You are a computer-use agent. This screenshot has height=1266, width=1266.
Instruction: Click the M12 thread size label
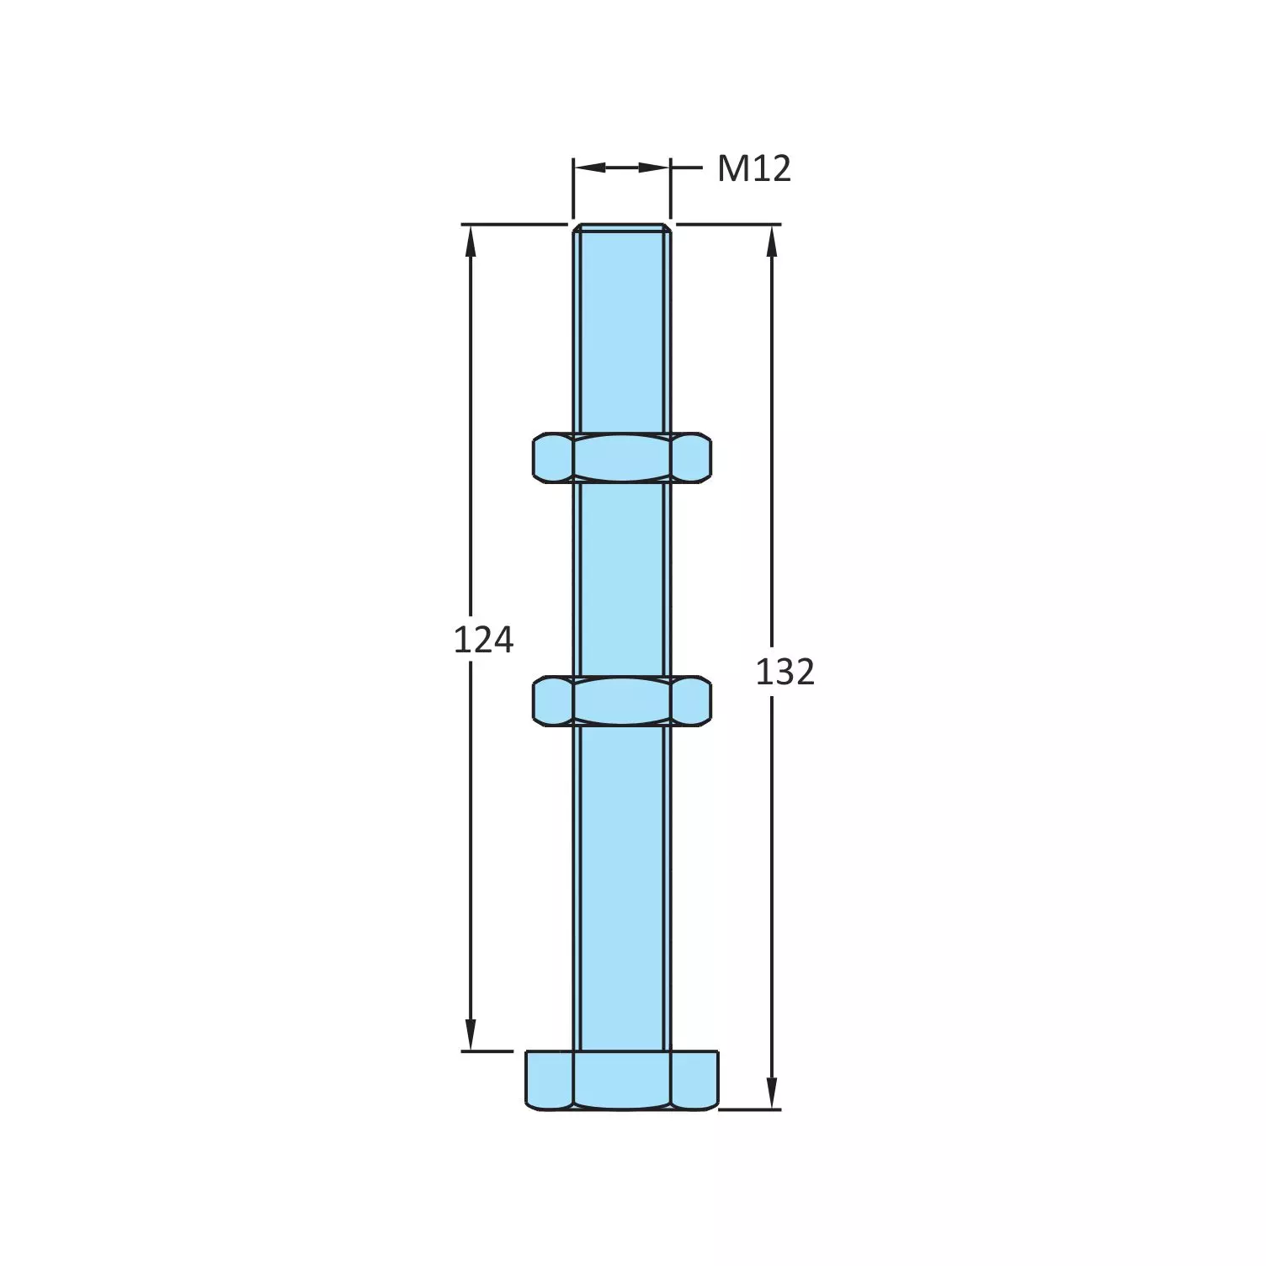click(x=753, y=169)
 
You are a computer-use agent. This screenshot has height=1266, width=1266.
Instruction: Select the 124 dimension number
click(x=483, y=641)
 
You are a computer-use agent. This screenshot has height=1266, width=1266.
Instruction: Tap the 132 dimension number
click(x=785, y=673)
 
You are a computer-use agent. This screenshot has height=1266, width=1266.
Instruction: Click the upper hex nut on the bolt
click(x=622, y=458)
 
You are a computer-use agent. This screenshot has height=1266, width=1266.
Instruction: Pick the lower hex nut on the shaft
click(x=622, y=700)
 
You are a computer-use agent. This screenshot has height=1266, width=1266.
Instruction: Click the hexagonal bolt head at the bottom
click(x=622, y=1080)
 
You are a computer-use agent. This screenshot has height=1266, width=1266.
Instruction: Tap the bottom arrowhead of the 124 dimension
click(x=471, y=1035)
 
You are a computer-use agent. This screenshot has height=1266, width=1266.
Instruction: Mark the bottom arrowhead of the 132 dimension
click(x=772, y=1093)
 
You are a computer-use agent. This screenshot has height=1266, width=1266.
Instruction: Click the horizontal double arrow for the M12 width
click(x=622, y=168)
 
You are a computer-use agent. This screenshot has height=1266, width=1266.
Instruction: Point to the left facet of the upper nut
click(x=552, y=458)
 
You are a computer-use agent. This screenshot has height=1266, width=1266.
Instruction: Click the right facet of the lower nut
click(x=691, y=700)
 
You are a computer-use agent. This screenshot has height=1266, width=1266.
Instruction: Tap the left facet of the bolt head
click(x=549, y=1080)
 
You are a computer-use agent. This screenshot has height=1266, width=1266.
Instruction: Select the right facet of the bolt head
click(x=695, y=1080)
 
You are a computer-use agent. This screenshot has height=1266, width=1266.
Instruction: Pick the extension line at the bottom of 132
click(x=749, y=1109)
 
